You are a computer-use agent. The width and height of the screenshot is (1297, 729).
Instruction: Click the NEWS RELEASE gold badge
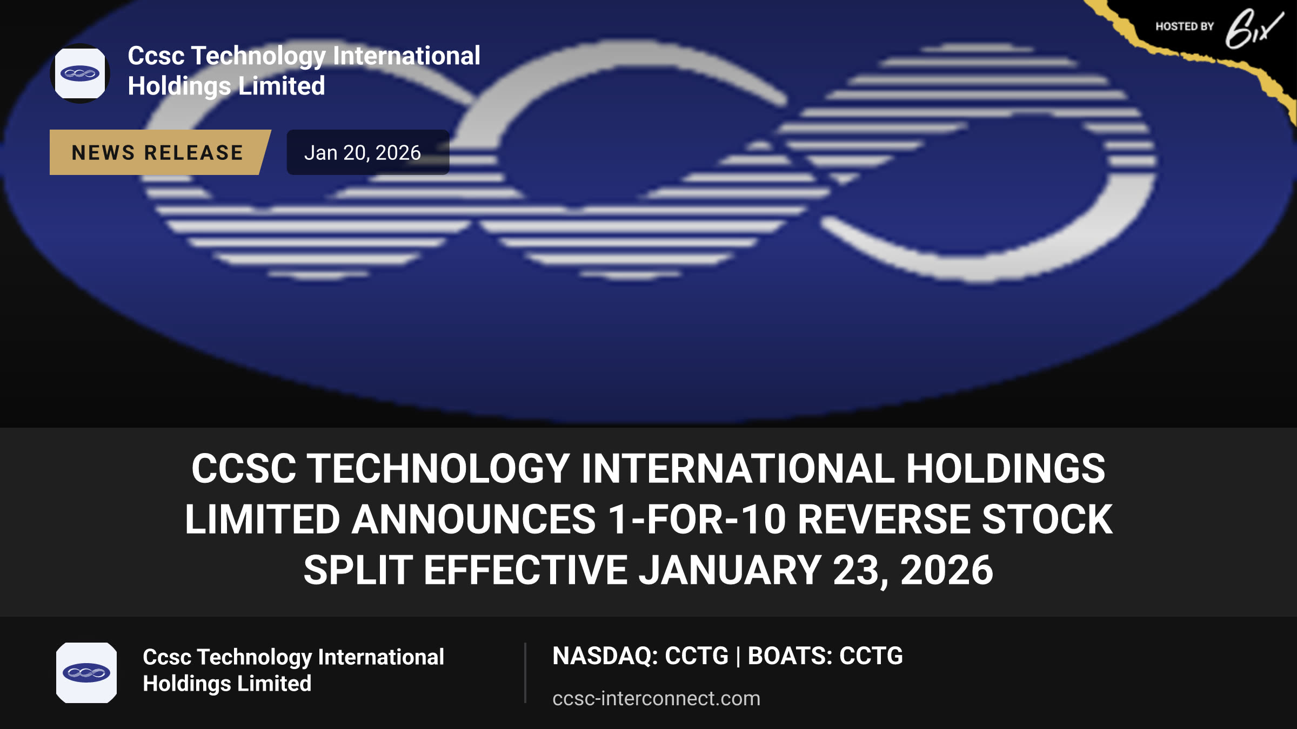159,152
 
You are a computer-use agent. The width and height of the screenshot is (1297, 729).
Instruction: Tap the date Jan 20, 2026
362,153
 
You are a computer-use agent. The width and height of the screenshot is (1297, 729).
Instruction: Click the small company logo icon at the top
80,73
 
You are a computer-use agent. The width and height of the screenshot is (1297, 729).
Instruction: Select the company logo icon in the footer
86,673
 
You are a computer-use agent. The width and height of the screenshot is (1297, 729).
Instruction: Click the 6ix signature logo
1254,29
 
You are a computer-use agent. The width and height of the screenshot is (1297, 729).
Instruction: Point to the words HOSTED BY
1185,26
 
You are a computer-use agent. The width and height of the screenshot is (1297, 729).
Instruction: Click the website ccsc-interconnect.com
656,698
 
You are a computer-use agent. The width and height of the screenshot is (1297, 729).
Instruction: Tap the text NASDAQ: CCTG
640,656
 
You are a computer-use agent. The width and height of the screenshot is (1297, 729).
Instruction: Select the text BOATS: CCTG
825,656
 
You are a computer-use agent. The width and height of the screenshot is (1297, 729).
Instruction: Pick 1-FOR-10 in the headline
697,519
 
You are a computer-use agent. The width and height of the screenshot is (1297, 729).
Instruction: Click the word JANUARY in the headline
730,570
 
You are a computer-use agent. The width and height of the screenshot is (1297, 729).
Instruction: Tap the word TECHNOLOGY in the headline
438,468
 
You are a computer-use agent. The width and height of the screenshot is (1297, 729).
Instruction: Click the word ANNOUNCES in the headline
474,519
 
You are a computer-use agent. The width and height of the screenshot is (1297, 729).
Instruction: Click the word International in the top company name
406,56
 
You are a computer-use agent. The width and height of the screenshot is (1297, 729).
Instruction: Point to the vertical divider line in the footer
525,673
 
